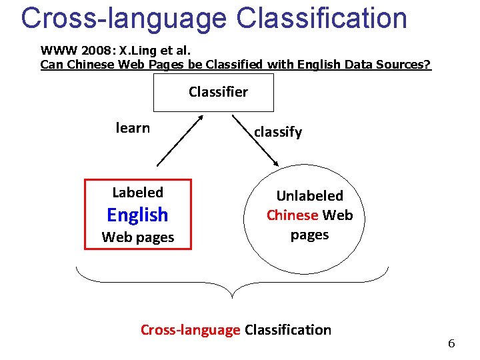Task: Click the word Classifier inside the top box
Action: [218, 92]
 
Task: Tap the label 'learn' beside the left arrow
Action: [133, 128]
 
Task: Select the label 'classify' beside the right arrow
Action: [277, 132]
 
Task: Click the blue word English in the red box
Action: [137, 215]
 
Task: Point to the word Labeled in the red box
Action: [137, 193]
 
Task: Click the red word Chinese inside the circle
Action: [292, 215]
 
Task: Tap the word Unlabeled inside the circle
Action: [309, 196]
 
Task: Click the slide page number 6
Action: [451, 344]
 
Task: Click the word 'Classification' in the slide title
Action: [321, 18]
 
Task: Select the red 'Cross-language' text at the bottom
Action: [190, 329]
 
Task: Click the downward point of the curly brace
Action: [231, 295]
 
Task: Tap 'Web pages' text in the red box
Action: [137, 237]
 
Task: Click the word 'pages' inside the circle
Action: [309, 235]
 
